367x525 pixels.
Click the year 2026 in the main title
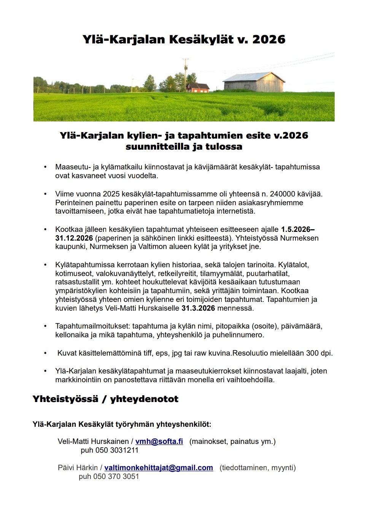[268, 40]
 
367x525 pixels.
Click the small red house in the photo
[197, 88]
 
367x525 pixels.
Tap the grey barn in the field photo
[254, 81]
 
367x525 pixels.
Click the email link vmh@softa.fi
[159, 442]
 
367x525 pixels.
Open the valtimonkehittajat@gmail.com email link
[159, 468]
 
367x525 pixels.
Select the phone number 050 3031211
[117, 450]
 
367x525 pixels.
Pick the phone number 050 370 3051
[116, 477]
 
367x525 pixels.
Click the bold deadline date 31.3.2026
[198, 308]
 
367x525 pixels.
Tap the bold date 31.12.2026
[74, 238]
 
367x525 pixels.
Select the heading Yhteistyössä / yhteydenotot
[105, 399]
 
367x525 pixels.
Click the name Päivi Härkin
[78, 468]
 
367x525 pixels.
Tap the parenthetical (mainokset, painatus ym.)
[232, 442]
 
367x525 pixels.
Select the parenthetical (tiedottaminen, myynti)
[257, 468]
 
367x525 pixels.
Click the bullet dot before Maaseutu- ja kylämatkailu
[46, 167]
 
